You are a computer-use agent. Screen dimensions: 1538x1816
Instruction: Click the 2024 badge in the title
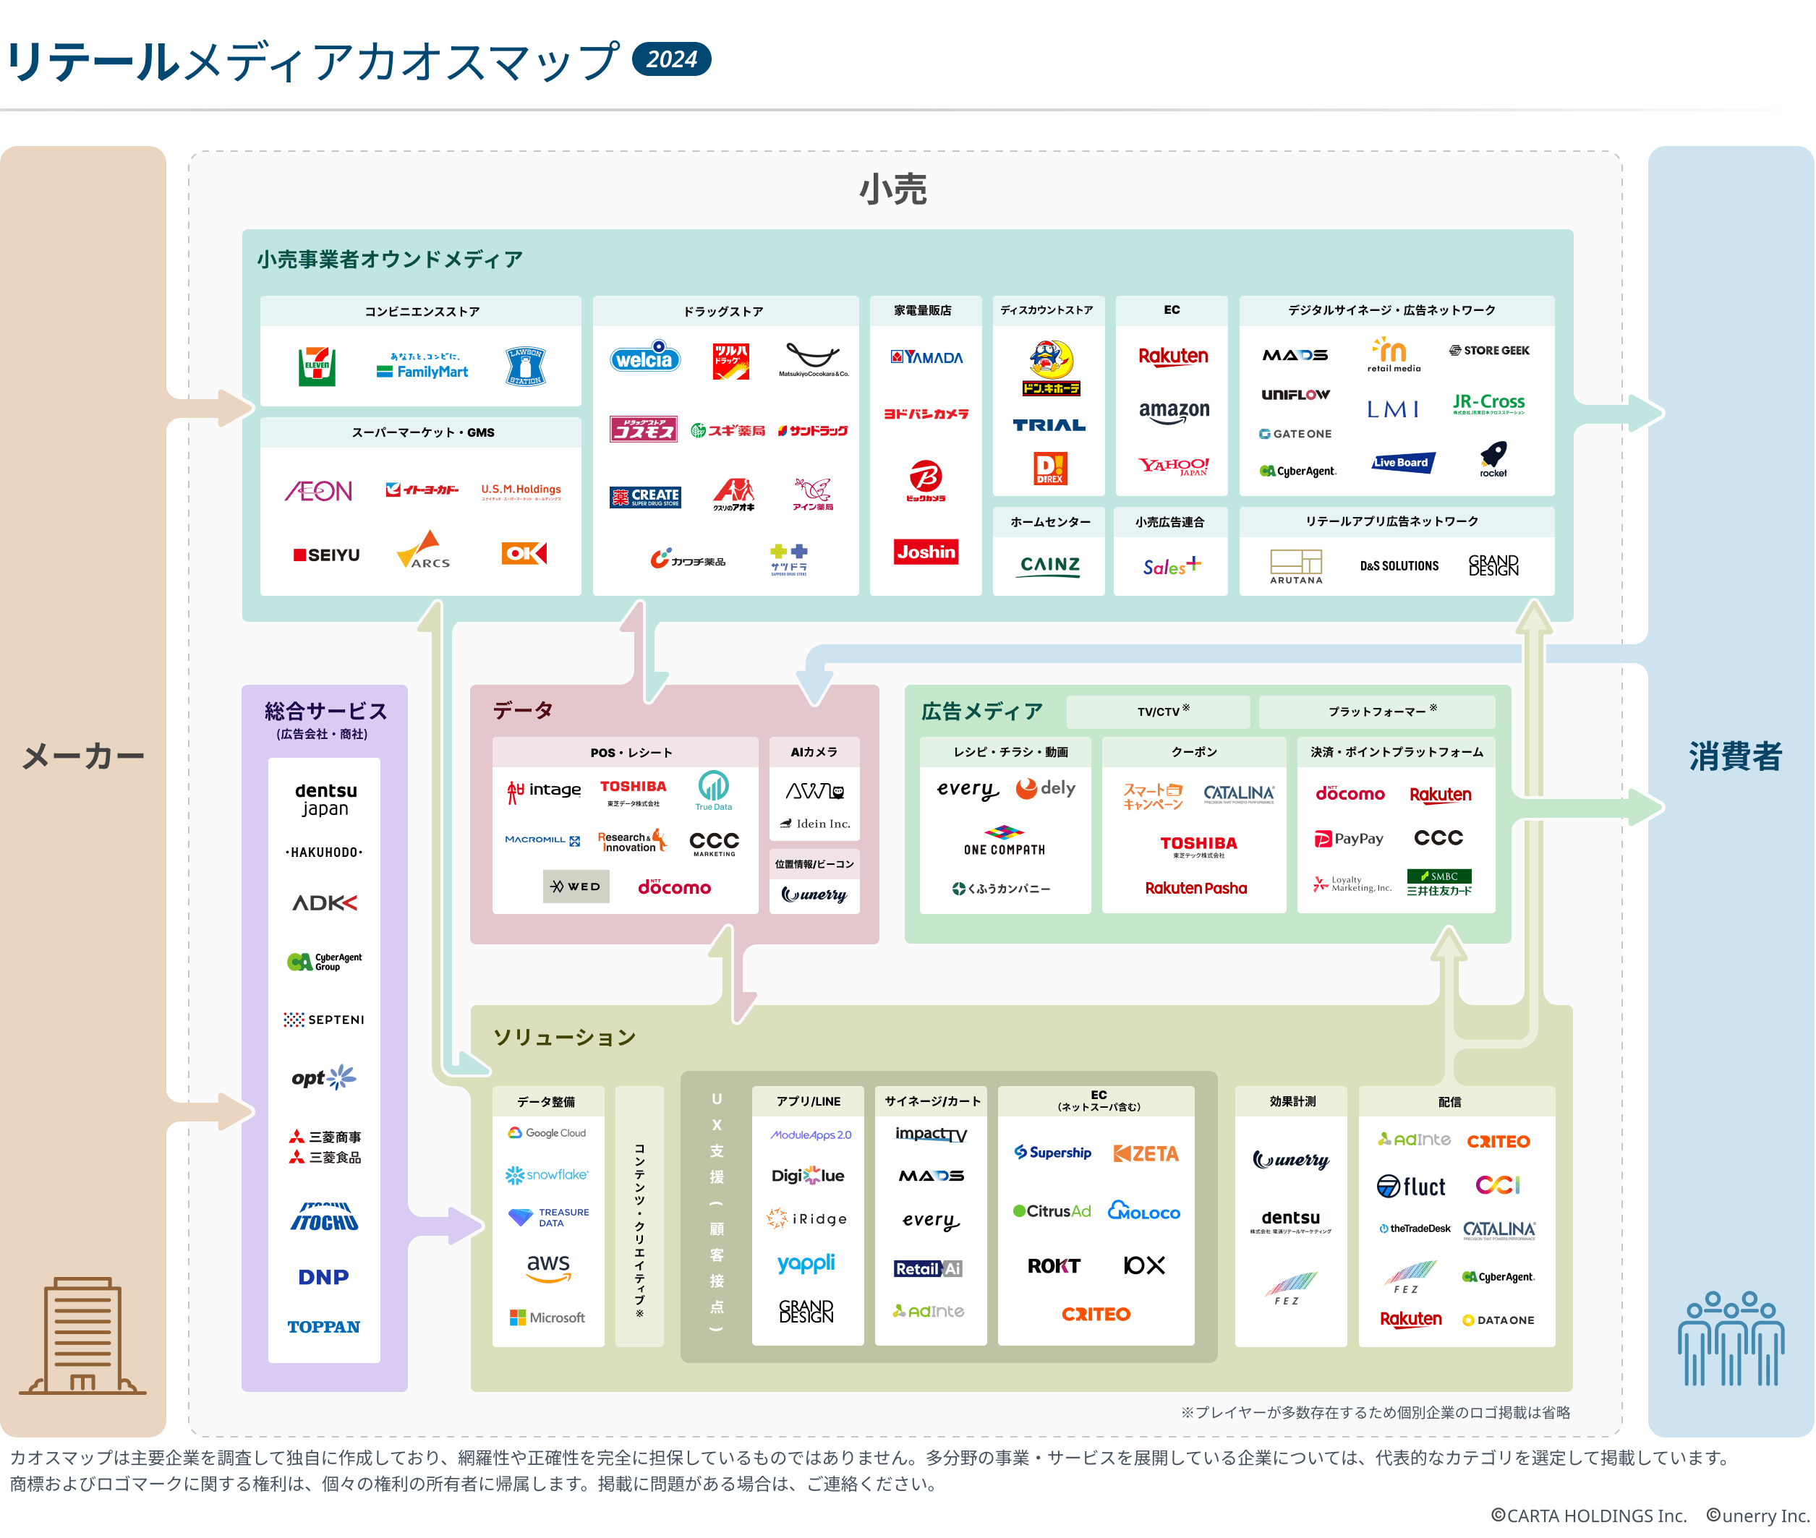tap(670, 59)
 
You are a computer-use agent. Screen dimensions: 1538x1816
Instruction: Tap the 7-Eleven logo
tap(317, 366)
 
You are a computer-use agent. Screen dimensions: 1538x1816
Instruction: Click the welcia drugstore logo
tap(645, 357)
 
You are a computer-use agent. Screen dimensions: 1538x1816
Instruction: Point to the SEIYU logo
tap(327, 555)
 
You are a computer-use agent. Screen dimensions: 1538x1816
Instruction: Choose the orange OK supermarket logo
tap(524, 552)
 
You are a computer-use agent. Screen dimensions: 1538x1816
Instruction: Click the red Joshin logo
tap(926, 552)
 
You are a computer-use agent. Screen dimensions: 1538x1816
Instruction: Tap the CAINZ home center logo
tap(1049, 566)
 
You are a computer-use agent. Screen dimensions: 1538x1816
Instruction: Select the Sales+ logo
tap(1172, 567)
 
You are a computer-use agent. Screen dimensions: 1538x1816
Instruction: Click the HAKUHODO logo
tap(324, 852)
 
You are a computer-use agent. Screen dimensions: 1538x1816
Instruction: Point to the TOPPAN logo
tap(323, 1326)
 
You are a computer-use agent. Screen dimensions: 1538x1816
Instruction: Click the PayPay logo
tap(1349, 839)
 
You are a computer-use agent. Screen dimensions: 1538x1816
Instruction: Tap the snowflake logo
tap(547, 1174)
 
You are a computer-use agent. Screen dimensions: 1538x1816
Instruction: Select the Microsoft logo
tap(547, 1317)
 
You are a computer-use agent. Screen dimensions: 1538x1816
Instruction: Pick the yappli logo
tap(806, 1263)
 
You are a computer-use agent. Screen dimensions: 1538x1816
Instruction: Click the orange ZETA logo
tap(1146, 1153)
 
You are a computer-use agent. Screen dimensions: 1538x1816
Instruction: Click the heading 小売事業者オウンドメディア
tap(390, 260)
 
